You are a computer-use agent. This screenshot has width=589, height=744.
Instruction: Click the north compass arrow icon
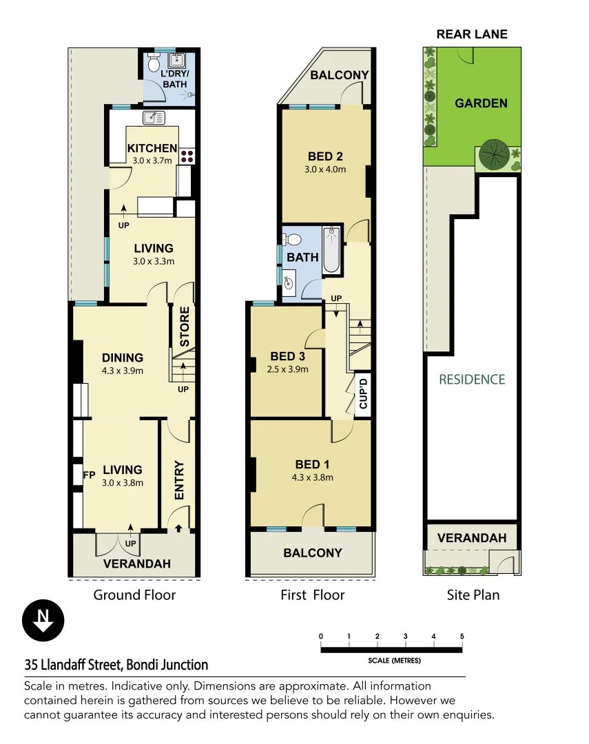(43, 621)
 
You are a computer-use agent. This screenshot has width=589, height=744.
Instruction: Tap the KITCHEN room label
(152, 148)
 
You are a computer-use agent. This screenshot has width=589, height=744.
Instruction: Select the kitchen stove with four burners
(187, 156)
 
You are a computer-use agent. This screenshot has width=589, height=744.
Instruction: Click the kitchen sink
(154, 118)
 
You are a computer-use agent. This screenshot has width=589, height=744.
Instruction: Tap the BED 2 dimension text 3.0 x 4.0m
(325, 169)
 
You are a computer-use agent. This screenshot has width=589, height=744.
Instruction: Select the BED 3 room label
(288, 356)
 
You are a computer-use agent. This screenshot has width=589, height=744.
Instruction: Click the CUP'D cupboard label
(364, 393)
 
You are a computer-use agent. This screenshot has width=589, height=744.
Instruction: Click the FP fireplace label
(89, 475)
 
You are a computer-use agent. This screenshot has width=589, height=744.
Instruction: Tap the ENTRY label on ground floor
(179, 480)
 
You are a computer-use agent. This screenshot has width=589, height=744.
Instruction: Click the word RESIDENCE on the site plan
(472, 380)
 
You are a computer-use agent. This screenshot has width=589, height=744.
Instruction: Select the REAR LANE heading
(472, 34)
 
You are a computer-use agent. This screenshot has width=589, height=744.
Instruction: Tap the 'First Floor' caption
(312, 595)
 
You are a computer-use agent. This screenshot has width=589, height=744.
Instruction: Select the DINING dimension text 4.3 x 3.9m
(123, 371)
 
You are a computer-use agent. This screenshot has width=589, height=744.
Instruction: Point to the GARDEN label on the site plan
(481, 103)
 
